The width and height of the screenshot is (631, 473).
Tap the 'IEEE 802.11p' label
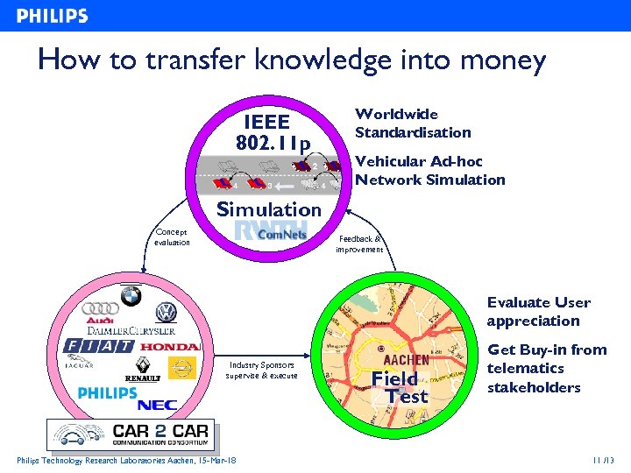(x=272, y=132)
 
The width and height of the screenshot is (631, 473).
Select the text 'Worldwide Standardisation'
(x=412, y=124)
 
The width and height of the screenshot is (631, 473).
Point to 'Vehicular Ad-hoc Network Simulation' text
(x=429, y=171)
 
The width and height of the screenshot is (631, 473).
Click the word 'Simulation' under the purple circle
(x=269, y=209)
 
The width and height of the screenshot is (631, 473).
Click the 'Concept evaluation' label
(x=172, y=237)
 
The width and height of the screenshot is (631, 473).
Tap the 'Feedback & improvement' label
(x=359, y=244)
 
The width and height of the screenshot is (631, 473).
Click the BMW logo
(x=131, y=298)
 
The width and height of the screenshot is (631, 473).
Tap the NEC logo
(x=158, y=405)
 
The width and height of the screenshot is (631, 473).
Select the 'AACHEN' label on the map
(x=406, y=359)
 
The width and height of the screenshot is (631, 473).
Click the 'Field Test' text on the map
(x=401, y=386)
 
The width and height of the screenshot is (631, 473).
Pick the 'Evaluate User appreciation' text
(x=539, y=312)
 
